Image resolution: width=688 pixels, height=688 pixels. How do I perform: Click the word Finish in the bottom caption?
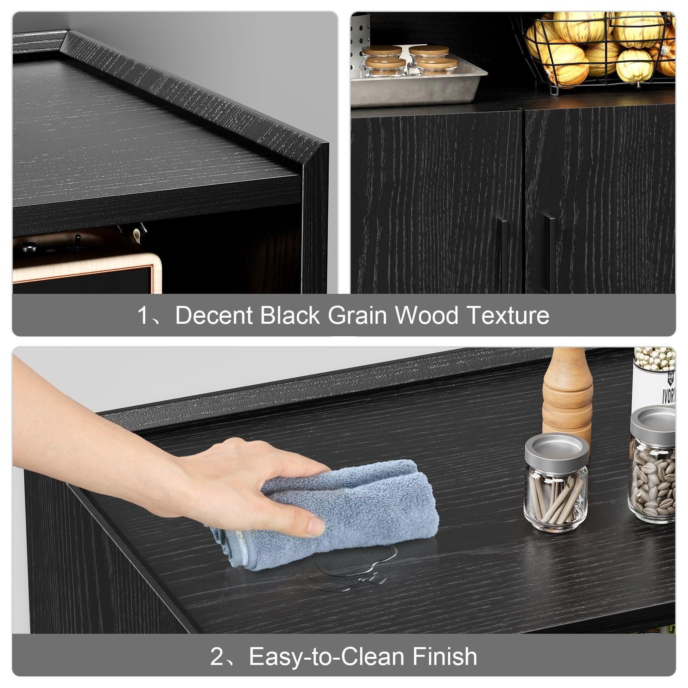click(444, 656)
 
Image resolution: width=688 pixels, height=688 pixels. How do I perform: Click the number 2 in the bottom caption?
click(217, 657)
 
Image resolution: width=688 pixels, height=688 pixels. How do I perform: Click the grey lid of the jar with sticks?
click(556, 448)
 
